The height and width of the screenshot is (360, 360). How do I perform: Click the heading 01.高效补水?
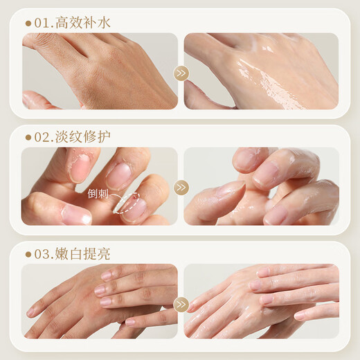point(72,23)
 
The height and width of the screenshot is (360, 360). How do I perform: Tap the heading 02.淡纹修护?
point(72,136)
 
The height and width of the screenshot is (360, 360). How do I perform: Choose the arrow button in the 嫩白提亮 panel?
point(181,303)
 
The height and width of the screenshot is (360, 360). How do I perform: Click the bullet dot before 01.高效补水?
point(28,24)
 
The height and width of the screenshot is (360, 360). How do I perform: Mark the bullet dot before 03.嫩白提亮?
point(28,253)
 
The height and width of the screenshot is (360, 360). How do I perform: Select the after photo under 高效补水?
point(261,71)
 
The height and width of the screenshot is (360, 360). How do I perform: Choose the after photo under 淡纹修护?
point(261,186)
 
